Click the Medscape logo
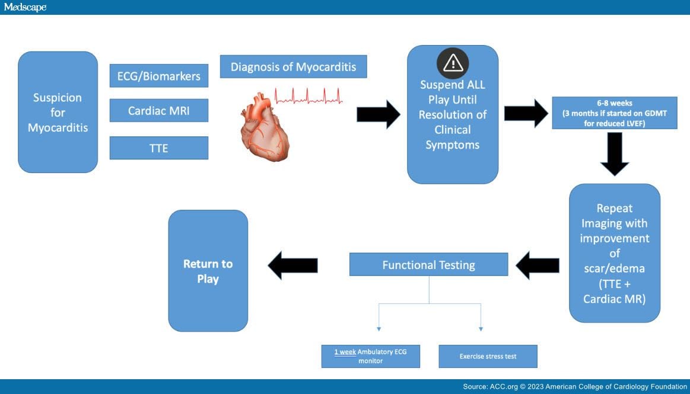point(25,7)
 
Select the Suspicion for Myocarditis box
point(58,112)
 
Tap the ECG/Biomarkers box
point(159,76)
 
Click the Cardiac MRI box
point(159,110)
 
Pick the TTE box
point(159,148)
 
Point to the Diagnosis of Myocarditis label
point(294,67)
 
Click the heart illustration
point(265,127)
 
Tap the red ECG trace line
point(309,96)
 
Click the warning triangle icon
point(453,63)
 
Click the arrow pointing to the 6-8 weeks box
point(526,113)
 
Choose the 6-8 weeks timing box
point(614,113)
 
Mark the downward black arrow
point(615,154)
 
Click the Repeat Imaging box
point(614,253)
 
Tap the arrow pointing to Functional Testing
point(538,265)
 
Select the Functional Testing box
point(428,264)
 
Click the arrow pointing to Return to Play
point(292,265)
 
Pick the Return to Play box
point(208,271)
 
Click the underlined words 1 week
point(345,352)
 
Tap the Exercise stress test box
point(488,356)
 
